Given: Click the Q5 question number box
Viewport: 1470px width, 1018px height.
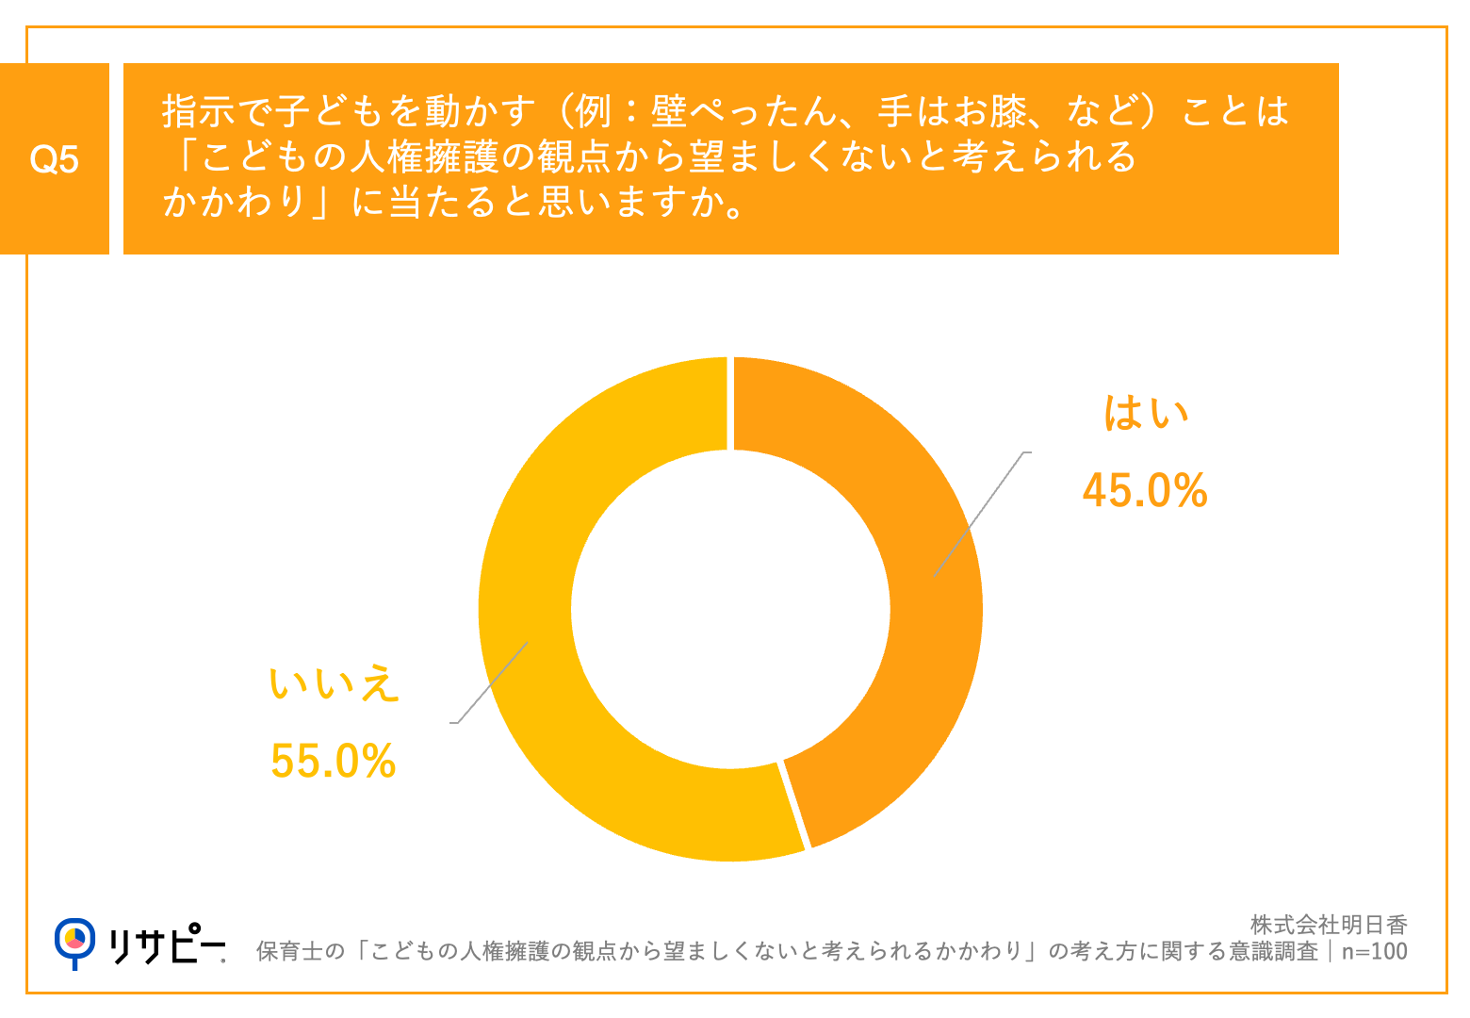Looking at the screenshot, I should click(55, 159).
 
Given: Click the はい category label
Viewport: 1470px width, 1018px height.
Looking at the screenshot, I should click(1146, 413).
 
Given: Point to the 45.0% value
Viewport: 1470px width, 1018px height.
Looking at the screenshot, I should click(1145, 491).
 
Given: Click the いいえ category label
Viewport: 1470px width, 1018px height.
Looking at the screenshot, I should click(334, 683).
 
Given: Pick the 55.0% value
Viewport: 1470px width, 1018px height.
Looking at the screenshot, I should click(333, 761).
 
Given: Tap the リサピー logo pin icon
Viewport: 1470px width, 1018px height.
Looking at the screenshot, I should click(74, 941).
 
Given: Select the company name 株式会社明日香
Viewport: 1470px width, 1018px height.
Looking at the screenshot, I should click(1329, 925).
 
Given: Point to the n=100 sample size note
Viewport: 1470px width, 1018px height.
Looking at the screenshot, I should click(1374, 951).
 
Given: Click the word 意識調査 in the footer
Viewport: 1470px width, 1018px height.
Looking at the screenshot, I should click(1273, 951).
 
